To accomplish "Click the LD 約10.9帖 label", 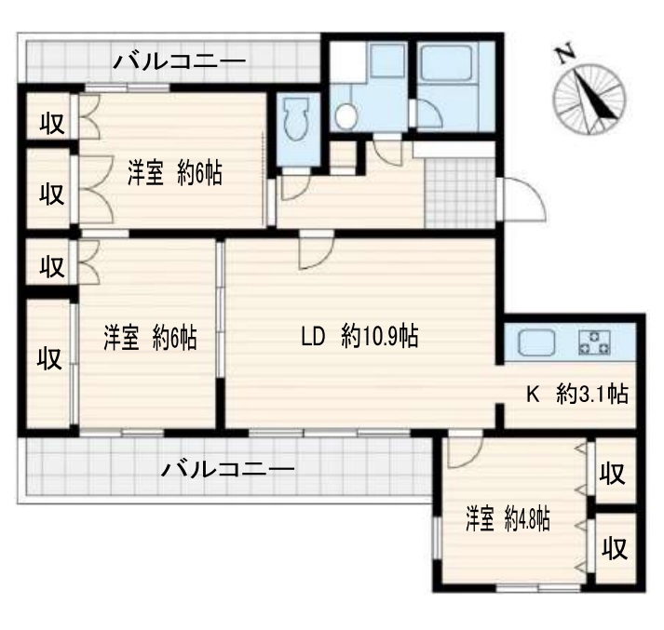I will coord(359,337).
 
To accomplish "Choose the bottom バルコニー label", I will coord(227,468).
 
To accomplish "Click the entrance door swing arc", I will coord(522,198).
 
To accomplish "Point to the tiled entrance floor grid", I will coord(460,192).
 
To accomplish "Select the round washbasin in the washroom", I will coord(346,115).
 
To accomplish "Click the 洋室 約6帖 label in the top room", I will coord(175,173).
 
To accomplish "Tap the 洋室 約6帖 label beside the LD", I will coord(150,337).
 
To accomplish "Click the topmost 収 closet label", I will coord(50,125).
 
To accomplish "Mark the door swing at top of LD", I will coord(313,254).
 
